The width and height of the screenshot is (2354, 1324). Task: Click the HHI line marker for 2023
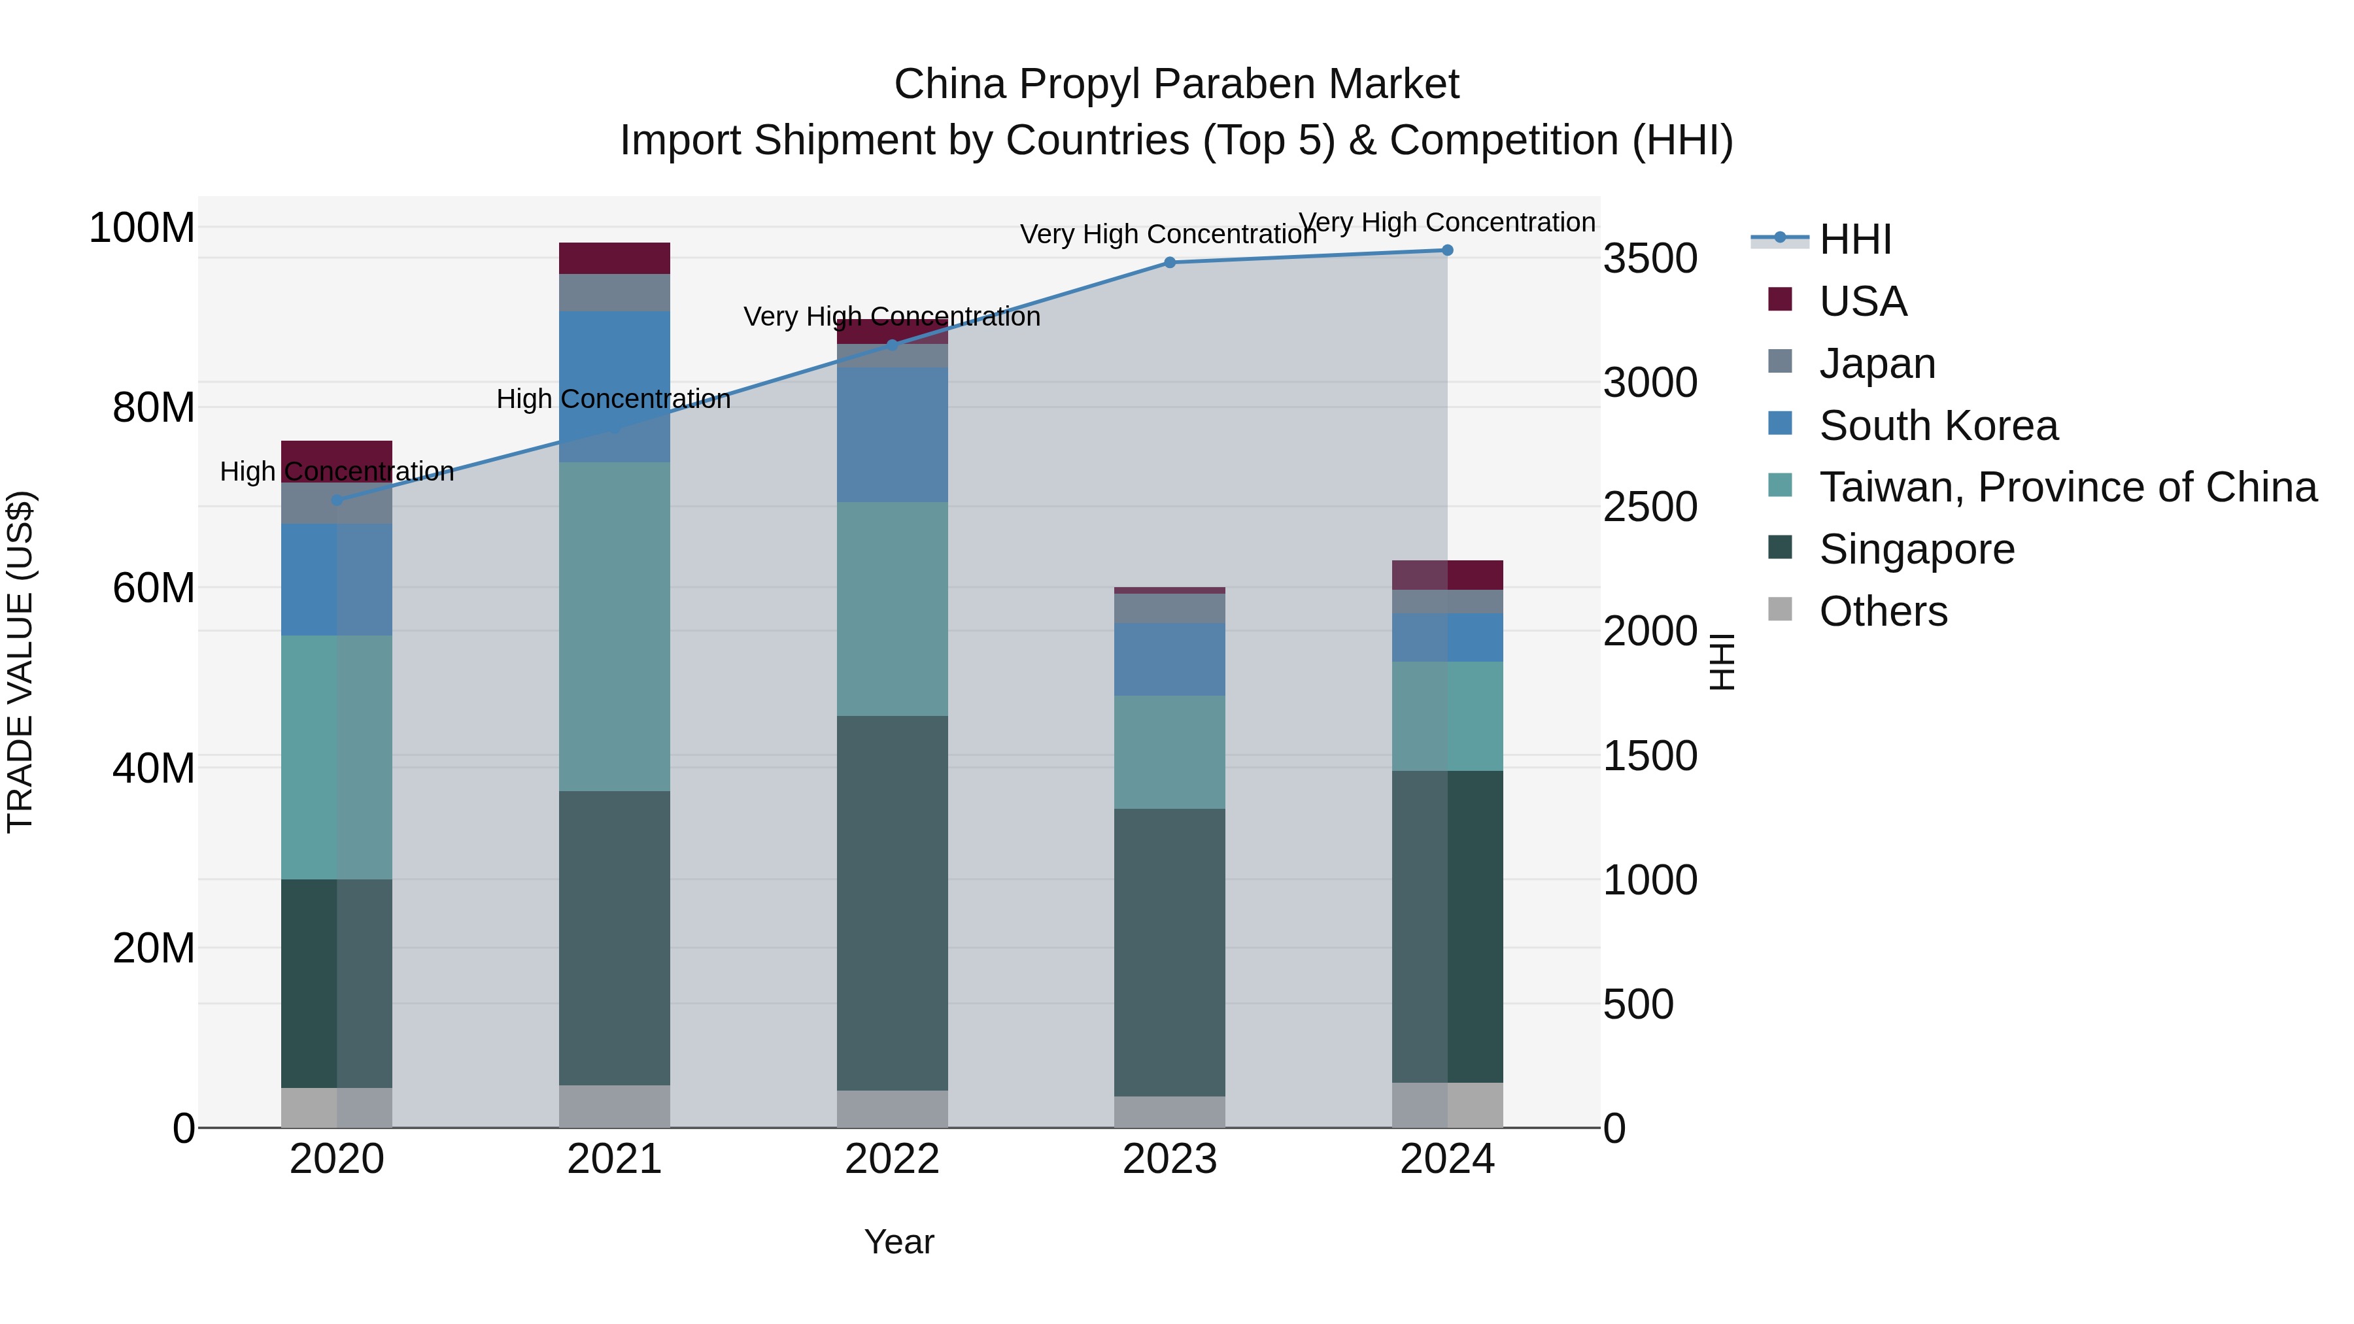point(1170,262)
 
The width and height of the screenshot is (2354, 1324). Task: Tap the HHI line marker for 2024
point(1448,250)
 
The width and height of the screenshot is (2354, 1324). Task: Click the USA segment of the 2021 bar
point(614,258)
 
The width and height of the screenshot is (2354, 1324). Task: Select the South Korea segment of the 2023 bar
point(1170,659)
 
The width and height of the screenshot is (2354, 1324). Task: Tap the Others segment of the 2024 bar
point(1448,1105)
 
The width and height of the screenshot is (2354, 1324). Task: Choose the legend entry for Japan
point(1876,364)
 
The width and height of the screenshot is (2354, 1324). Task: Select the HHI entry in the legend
point(1854,239)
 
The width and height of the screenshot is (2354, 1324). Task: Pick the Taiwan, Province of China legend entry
point(2067,487)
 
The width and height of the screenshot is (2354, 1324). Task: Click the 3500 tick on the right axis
point(1650,258)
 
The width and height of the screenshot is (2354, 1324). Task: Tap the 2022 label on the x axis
point(892,1159)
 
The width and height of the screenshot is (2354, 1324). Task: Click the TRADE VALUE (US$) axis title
point(20,662)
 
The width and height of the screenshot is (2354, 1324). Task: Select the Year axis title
point(899,1242)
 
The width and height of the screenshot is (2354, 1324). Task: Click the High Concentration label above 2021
point(613,399)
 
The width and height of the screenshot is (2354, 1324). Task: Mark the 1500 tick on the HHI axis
point(1650,756)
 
